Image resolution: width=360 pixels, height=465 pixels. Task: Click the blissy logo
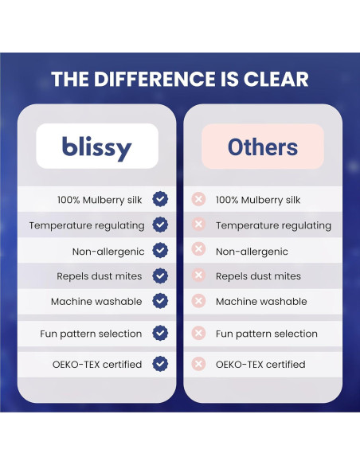[x=96, y=148]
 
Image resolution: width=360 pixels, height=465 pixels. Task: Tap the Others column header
[x=263, y=147]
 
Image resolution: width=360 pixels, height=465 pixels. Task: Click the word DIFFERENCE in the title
[x=155, y=79]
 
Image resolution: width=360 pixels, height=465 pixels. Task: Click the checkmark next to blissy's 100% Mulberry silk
[x=160, y=199]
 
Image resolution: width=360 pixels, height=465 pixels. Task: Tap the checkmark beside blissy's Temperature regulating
[x=160, y=225]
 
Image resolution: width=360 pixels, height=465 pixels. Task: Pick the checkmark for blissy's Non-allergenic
[x=160, y=250]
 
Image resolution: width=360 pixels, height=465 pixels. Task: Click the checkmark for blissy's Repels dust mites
[x=160, y=275]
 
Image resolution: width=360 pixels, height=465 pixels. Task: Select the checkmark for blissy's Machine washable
[x=160, y=301]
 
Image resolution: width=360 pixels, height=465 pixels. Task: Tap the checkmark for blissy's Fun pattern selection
[x=160, y=333]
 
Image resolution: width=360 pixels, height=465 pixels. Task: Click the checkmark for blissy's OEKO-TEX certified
[x=160, y=364]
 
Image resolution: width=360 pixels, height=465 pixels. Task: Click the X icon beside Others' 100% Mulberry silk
[x=198, y=199]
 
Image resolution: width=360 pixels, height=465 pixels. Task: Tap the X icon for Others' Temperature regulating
[x=198, y=224]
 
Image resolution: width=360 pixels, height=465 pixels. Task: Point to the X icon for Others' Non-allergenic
[x=198, y=248]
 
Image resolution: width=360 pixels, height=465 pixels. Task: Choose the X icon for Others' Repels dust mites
[x=198, y=275]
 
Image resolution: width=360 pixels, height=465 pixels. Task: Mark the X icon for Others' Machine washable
[x=198, y=301]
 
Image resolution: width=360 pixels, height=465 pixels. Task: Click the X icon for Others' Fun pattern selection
[x=198, y=333]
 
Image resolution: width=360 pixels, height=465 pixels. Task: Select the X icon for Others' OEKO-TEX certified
[x=198, y=364]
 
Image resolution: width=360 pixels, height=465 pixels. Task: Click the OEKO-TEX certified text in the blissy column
[x=97, y=364]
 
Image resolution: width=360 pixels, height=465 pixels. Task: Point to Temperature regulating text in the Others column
[x=273, y=225]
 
